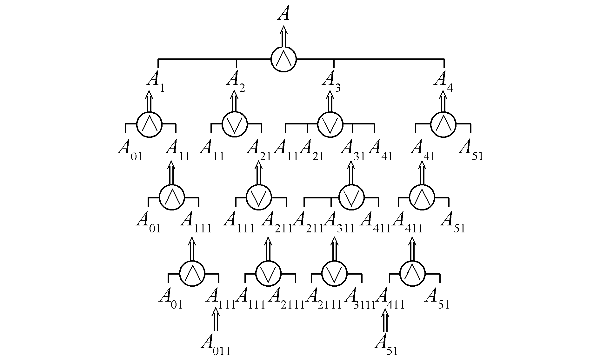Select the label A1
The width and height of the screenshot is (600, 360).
pos(155,81)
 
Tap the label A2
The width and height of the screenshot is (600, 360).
pos(235,81)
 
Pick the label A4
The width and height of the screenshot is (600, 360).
pos(443,81)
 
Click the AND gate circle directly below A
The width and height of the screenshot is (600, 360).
pos(283,59)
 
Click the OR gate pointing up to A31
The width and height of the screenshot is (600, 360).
pos(351,197)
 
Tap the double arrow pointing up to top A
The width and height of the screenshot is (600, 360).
pos(283,37)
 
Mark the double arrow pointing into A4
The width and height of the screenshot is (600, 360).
pos(443,101)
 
